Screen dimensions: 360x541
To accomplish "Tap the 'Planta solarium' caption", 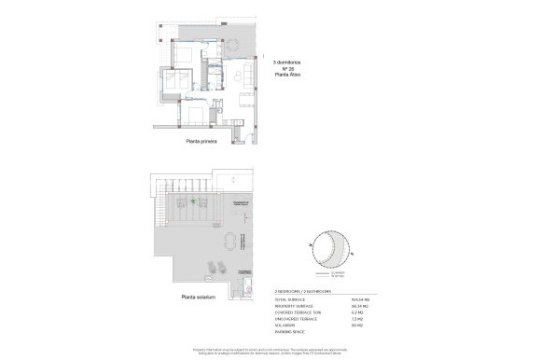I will click(200, 298).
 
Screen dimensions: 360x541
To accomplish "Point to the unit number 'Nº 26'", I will click(290, 69).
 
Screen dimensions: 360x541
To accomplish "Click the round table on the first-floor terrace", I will click(246, 46).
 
